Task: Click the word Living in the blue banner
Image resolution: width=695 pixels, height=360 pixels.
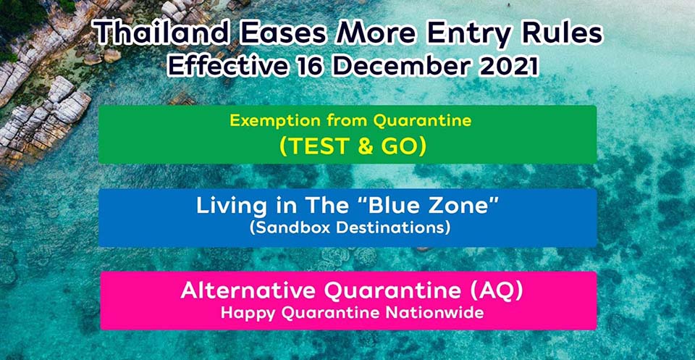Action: (x=232, y=206)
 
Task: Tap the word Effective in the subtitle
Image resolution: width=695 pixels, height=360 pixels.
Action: (x=225, y=66)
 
